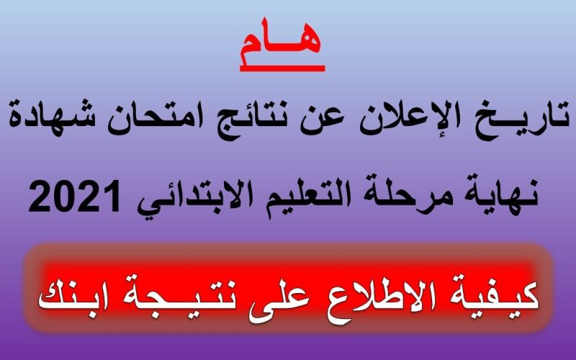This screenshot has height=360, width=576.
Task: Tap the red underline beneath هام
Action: click(282, 68)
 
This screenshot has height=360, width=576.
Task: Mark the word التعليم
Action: click(295, 194)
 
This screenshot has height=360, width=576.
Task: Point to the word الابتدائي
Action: click(186, 197)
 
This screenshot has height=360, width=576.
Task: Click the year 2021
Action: click(75, 196)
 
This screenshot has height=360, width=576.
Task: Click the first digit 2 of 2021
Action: click(40, 196)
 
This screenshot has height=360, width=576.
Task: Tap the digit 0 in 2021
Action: click(63, 196)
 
